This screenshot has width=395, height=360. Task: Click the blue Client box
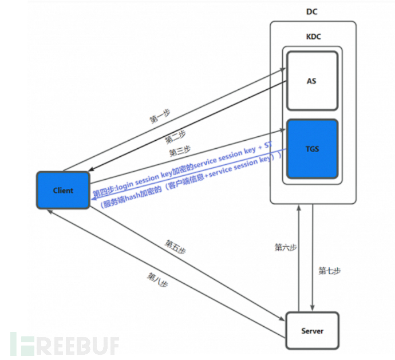point(63,190)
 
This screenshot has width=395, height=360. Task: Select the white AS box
point(311,81)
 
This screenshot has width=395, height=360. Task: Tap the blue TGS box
point(311,149)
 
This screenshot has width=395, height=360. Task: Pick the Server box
point(312,331)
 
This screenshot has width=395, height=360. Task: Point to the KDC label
point(313,36)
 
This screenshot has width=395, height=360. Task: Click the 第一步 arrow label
point(160,116)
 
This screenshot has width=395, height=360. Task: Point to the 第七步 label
point(329,271)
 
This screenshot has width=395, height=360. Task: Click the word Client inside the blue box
point(63,190)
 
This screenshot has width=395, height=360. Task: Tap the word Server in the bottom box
point(312,331)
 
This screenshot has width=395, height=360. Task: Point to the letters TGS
point(311,149)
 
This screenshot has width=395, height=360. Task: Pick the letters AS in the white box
point(311,81)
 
